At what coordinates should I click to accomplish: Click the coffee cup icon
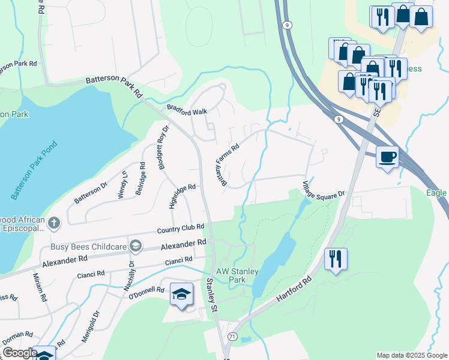pos(387,157)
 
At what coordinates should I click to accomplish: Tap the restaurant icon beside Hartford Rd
pos(336,259)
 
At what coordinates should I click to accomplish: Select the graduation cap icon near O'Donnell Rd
pos(181,294)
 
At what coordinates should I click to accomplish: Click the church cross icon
pos(54,224)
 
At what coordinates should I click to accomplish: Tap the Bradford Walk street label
pos(187,111)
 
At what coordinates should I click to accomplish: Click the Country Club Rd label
pos(181,228)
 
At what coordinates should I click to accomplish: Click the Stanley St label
pos(211,295)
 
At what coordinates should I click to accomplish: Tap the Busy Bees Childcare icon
pos(136,246)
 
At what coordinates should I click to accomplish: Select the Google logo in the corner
pos(20,353)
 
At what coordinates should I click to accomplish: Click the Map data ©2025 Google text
pos(412,355)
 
